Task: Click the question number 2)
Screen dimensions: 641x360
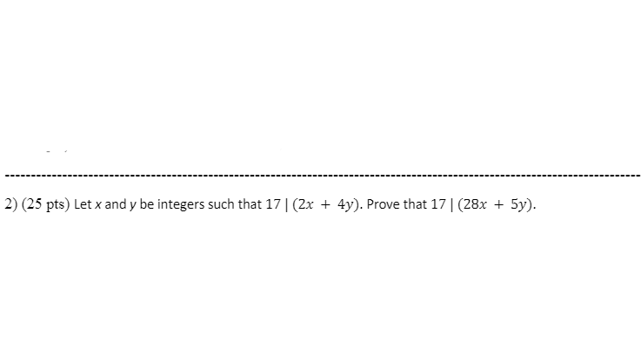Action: [x=10, y=206]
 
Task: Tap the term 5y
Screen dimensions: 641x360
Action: [x=517, y=206]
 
